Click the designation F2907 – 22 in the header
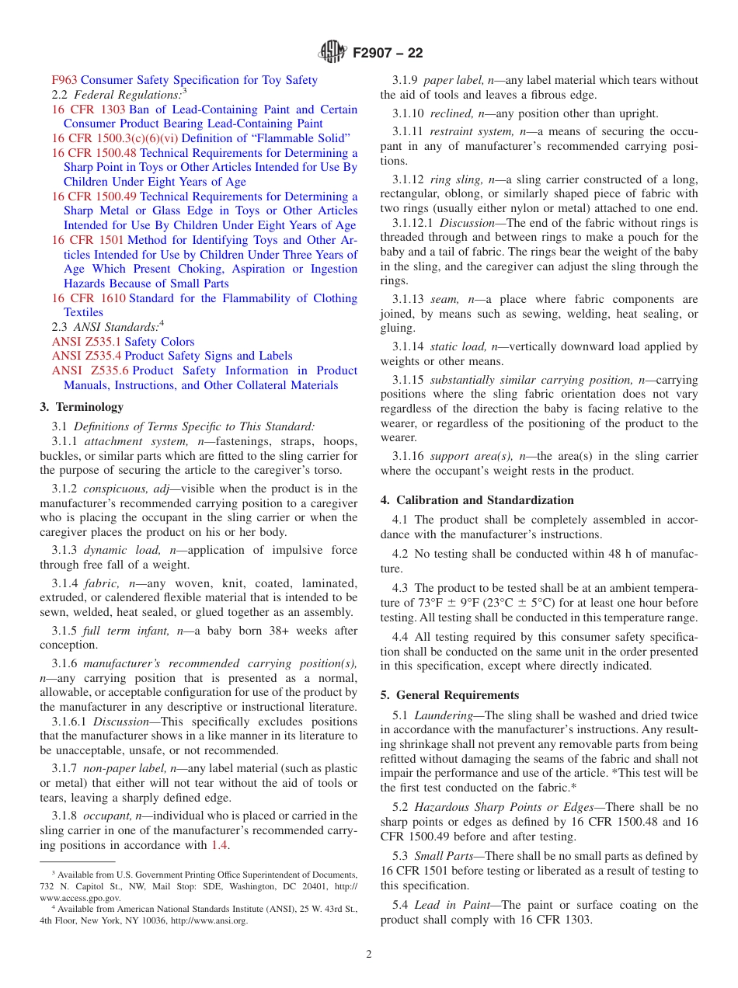click(388, 54)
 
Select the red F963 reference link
click(64, 80)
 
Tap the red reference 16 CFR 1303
click(89, 110)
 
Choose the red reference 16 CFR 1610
click(89, 298)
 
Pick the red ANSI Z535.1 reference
click(86, 342)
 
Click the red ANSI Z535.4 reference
click(86, 356)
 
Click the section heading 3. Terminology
click(82, 407)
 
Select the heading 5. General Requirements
click(450, 695)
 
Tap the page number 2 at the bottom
click(369, 955)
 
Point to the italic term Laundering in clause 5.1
click(444, 715)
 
